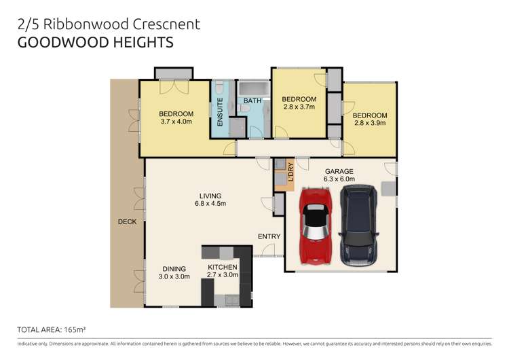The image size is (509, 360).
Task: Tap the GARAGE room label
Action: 340,171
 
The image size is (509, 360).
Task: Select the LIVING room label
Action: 210,196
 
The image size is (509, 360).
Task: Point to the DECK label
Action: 126,221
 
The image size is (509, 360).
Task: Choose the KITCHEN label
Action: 222,268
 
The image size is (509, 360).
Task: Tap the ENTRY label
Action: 269,236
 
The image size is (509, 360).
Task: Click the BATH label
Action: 252,101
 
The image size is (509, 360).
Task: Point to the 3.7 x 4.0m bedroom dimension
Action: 176,122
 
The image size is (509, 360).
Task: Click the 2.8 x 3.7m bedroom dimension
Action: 299,107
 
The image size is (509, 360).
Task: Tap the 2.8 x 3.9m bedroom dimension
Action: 370,124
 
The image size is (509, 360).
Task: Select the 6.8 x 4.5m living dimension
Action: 210,204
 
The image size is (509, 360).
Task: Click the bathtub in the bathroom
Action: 254,89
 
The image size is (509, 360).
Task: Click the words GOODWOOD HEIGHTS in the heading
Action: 95,43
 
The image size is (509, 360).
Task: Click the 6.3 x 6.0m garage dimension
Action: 340,179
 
